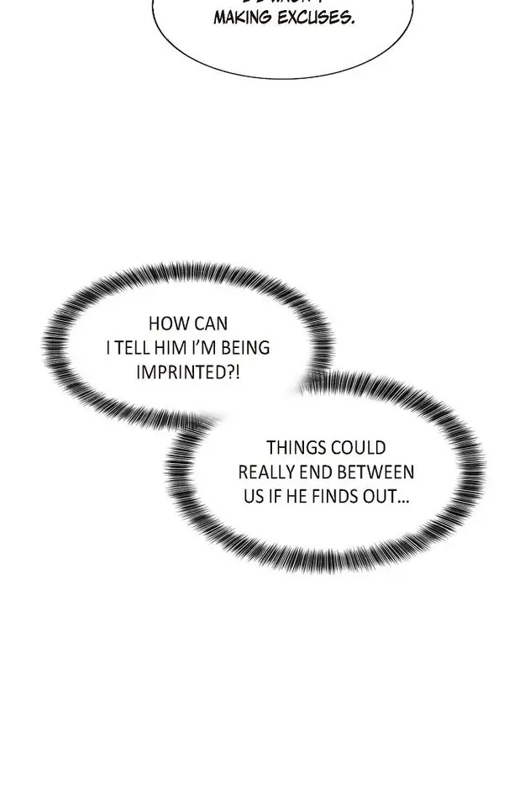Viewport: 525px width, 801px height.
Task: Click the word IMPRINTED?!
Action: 188,371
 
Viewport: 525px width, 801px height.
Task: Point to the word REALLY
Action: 268,472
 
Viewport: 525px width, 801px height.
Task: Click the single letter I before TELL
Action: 109,347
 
